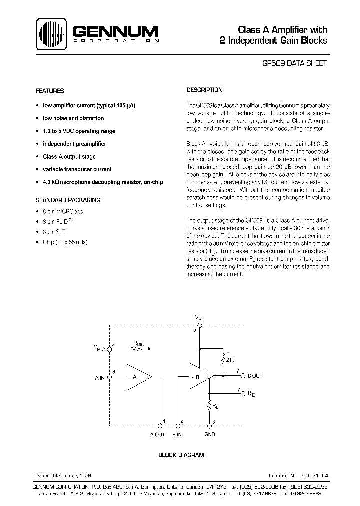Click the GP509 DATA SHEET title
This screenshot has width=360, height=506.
click(295, 63)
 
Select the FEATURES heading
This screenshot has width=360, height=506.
click(50, 91)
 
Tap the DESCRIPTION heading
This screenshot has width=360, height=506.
click(204, 90)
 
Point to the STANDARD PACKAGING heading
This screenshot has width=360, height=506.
click(68, 200)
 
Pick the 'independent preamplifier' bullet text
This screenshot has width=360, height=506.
click(74, 144)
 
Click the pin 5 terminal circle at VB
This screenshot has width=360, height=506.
click(199, 325)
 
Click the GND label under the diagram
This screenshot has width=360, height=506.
click(210, 435)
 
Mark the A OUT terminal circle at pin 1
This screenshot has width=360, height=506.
click(160, 426)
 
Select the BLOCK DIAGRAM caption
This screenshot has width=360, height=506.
click(181, 455)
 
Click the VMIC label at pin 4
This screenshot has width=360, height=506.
click(100, 348)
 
